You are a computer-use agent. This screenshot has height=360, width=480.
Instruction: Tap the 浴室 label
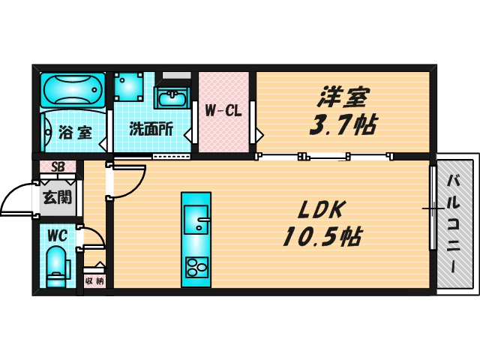(x=75, y=133)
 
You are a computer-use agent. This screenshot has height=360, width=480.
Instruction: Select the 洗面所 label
(x=151, y=129)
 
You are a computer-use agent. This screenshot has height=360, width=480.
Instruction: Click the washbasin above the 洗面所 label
(x=172, y=98)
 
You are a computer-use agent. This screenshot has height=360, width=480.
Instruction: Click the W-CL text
(x=223, y=111)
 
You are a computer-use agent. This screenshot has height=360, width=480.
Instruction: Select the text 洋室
(x=343, y=98)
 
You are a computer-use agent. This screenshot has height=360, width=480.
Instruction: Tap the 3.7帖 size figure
(x=343, y=124)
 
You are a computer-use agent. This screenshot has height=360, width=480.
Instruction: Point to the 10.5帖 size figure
(x=322, y=237)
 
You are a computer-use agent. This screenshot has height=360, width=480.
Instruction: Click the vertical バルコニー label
(x=455, y=223)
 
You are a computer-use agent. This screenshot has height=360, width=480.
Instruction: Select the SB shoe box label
(x=57, y=167)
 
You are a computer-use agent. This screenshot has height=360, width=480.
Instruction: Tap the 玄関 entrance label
(x=56, y=198)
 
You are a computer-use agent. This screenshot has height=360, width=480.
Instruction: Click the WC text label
(x=57, y=235)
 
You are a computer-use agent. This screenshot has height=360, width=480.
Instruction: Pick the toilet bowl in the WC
(x=56, y=268)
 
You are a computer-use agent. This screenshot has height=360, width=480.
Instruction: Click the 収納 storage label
(x=94, y=281)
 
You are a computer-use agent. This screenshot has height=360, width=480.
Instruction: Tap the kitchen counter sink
(x=196, y=217)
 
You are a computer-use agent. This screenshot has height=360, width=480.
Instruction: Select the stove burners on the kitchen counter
(x=196, y=267)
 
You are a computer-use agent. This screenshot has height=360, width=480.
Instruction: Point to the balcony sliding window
(x=433, y=208)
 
